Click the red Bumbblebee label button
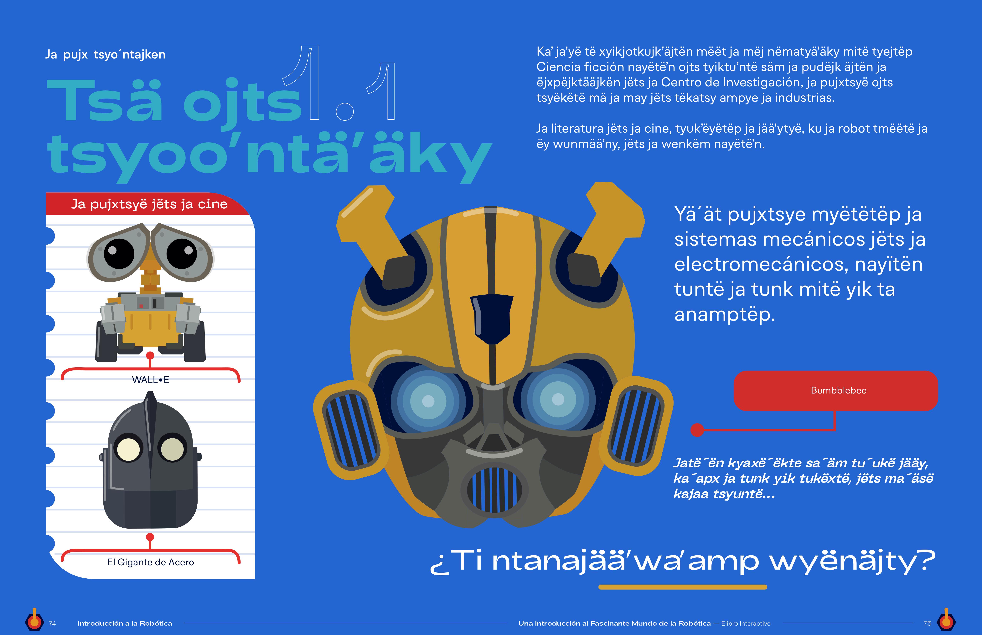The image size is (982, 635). [x=835, y=390]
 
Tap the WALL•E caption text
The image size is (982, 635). [x=151, y=380]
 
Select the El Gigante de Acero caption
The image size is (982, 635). [x=151, y=562]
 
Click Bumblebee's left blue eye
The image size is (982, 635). [x=428, y=400]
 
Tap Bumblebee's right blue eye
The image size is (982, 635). [x=558, y=399]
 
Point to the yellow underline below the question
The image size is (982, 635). [x=683, y=587]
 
